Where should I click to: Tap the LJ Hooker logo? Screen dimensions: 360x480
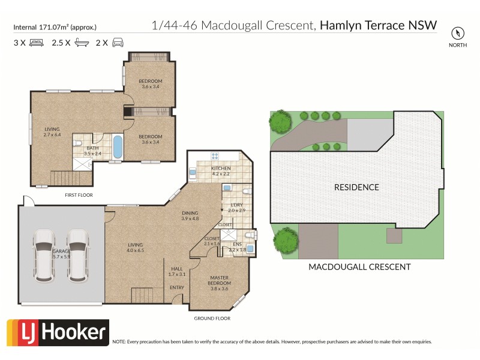tap(58, 333)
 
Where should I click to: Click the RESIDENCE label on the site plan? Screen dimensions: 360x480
tap(356, 187)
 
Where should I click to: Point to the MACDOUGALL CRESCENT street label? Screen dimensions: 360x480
tap(359, 267)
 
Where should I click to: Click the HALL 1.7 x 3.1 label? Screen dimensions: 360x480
tap(178, 271)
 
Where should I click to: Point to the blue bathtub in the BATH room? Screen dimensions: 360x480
tap(118, 146)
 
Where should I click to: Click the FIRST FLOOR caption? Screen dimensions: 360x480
tap(79, 195)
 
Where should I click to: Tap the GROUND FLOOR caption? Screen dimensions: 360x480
tap(212, 319)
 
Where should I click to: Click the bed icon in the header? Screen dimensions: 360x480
tap(35, 43)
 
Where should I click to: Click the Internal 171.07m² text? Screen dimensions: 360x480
tap(55, 27)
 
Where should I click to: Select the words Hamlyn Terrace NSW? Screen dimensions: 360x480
tap(378, 25)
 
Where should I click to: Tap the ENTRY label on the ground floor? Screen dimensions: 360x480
tap(177, 287)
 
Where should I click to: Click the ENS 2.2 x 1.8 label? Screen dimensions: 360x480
tap(238, 246)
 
